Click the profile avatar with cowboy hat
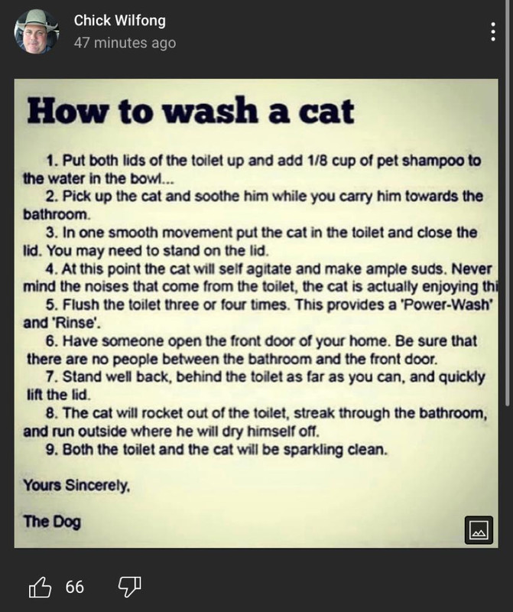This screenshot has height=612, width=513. click(36, 31)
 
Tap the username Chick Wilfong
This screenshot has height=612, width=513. click(120, 21)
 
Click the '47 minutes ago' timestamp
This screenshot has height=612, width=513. click(125, 43)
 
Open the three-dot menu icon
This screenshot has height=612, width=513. click(493, 31)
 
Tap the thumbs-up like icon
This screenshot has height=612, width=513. click(40, 587)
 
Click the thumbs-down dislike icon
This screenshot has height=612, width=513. click(129, 587)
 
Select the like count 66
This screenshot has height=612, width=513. click(74, 587)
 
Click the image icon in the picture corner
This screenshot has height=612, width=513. click(479, 530)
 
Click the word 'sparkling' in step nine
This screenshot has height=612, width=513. click(313, 450)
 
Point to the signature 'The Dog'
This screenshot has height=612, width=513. click(52, 522)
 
